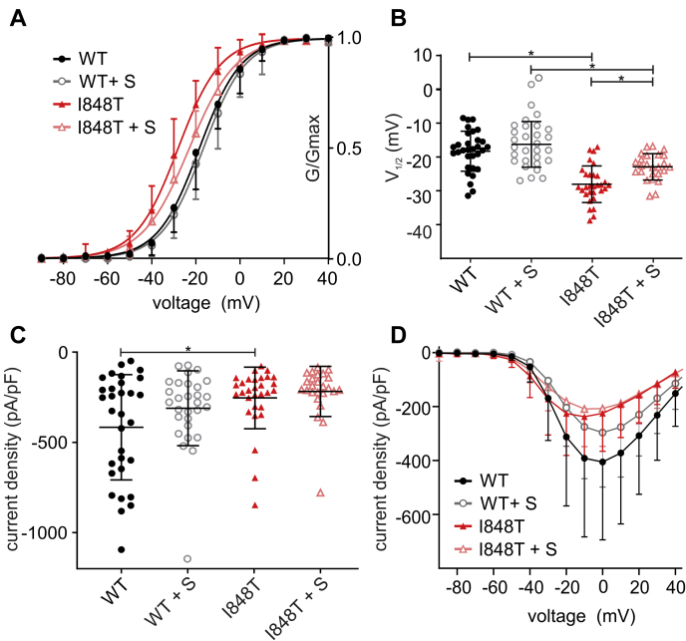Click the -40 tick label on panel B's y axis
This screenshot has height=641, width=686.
pos(431,230)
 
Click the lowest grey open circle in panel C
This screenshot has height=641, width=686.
pos(186,559)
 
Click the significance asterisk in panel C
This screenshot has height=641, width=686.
pos(188,345)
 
